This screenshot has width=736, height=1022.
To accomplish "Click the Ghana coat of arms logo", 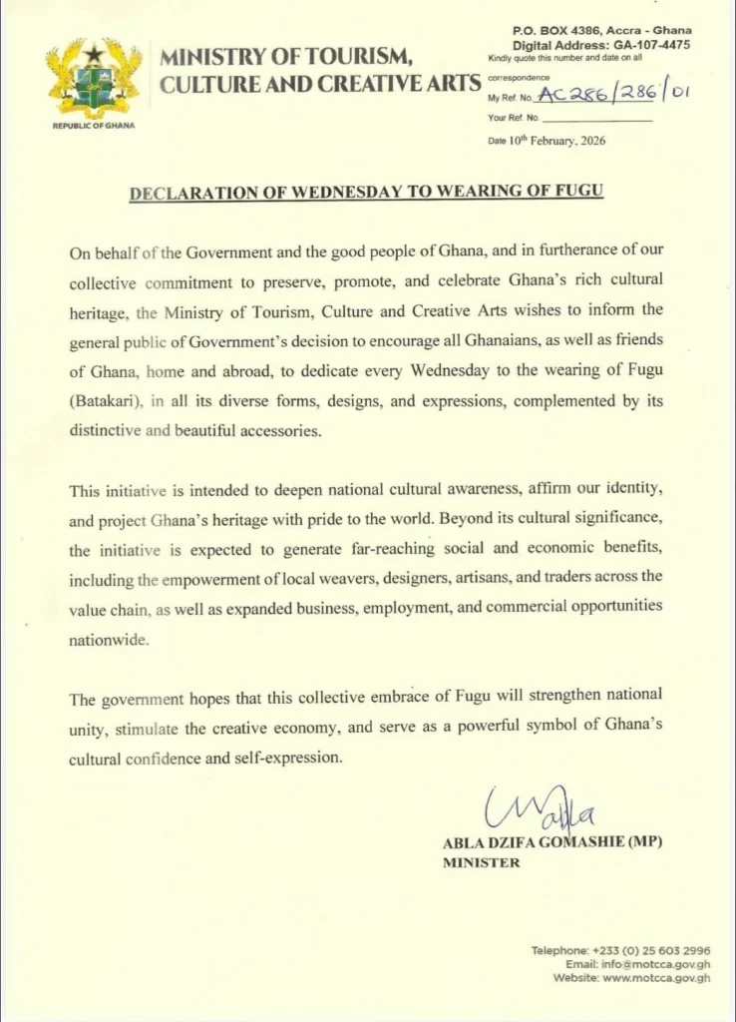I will pos(93,78).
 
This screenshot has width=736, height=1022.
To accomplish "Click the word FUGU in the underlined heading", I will pos(578,193).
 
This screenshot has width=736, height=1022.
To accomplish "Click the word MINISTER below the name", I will pos(481,863).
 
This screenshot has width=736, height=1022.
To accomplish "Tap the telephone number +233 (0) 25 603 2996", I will pos(650,950).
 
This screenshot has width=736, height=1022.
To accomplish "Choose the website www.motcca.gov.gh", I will pos(657,978).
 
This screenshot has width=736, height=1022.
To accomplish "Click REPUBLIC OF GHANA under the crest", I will pos(93,126).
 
